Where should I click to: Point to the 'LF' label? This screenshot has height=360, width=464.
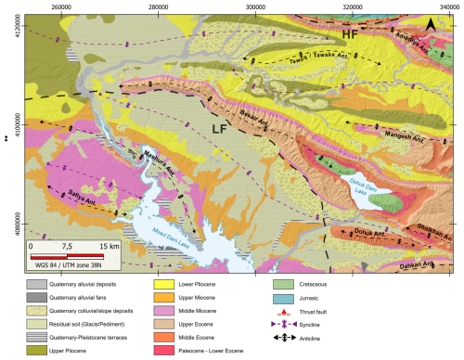pyautogui.click(x=221, y=129)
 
